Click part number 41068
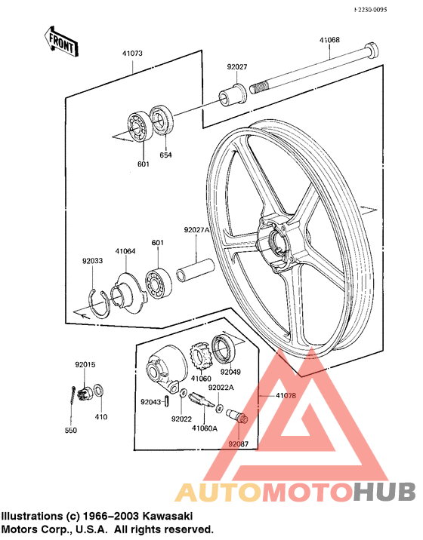tap(329, 40)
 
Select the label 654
tap(165, 155)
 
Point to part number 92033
tap(92, 262)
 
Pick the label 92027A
tap(195, 230)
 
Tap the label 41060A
tap(204, 428)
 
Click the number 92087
tap(239, 444)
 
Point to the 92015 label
tap(85, 365)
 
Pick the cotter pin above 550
tap(73, 398)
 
